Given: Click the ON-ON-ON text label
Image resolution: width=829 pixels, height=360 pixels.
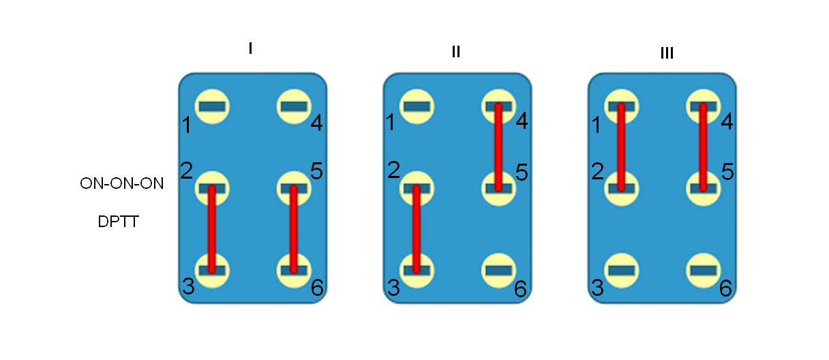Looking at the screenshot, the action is (x=122, y=183).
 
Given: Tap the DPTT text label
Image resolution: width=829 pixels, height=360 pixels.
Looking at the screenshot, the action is (x=119, y=222).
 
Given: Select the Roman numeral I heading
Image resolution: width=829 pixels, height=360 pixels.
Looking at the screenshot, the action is (x=251, y=48).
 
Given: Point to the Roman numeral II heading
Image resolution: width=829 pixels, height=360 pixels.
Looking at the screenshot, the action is (x=456, y=51).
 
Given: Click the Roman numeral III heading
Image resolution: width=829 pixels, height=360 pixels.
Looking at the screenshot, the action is (x=667, y=53).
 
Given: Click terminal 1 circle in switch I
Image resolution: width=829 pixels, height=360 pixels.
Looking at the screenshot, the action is (x=212, y=106).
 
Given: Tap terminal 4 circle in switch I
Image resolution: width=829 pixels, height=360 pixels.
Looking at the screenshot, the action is (x=294, y=106).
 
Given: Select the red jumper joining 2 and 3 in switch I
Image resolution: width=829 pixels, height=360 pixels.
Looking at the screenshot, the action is (x=212, y=229).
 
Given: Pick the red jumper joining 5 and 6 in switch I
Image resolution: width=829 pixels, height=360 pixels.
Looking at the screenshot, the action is (x=293, y=229).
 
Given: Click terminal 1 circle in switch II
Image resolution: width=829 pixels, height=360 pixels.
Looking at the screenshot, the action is (x=417, y=106).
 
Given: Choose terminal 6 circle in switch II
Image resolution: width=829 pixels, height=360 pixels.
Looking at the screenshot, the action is (x=498, y=271).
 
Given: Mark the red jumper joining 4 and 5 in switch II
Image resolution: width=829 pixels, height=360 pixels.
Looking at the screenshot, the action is (x=498, y=147).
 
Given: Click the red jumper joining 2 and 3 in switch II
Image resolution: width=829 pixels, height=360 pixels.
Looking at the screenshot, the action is (x=417, y=229).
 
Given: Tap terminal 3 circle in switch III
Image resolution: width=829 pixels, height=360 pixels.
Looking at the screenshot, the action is (x=622, y=271).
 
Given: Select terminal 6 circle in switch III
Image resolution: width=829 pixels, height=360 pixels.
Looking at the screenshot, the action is (x=703, y=271).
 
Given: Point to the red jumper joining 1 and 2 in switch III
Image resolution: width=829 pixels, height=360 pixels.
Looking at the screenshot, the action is (x=621, y=147).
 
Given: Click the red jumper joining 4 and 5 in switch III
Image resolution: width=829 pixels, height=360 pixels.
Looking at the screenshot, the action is (x=703, y=147).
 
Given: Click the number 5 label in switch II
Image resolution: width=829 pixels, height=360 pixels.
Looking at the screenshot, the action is (x=522, y=172).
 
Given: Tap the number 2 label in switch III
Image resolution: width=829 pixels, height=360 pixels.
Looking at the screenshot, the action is (x=598, y=171).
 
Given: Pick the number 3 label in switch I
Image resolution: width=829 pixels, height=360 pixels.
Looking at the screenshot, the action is (x=188, y=286).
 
